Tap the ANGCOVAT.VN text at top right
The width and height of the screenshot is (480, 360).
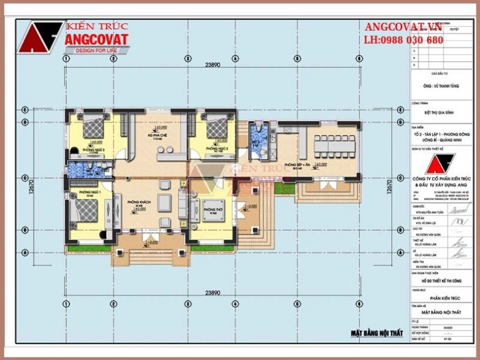[403, 28]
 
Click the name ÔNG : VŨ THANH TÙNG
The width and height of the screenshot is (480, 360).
[440, 86]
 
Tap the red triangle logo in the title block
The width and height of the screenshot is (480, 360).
[440, 164]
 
